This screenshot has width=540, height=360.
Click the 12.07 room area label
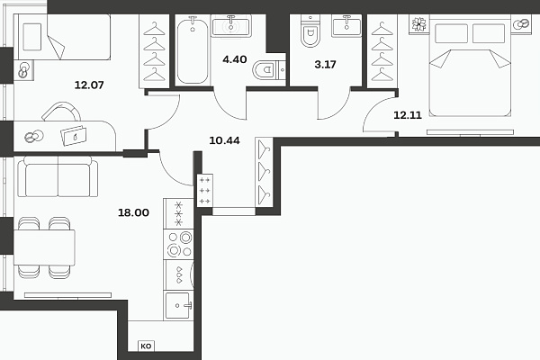[x=89, y=85]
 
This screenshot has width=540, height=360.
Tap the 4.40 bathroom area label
[x=235, y=59]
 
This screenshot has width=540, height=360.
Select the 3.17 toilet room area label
[x=325, y=65]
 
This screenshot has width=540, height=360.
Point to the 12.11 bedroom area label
[x=408, y=115]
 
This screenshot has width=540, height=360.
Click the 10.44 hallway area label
[x=224, y=140]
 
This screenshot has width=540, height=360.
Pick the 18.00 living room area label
[x=133, y=212]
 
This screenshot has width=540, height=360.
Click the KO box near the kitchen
[x=146, y=346]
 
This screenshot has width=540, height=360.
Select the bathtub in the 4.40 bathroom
[x=193, y=50]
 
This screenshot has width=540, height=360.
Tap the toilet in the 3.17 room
[x=310, y=31]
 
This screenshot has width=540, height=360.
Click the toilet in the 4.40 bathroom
[x=268, y=70]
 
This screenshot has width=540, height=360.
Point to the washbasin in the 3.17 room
[x=346, y=25]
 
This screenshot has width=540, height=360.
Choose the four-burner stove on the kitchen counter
[x=179, y=245]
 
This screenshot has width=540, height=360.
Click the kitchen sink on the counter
[x=177, y=305]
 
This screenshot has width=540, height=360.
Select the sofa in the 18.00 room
[x=58, y=176]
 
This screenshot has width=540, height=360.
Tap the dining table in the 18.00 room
[x=44, y=247]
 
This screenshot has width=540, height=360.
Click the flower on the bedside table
[x=419, y=24]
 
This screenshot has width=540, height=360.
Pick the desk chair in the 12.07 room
[x=61, y=112]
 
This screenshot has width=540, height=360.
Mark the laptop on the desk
[x=74, y=136]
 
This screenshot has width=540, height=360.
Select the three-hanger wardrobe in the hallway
[x=264, y=172]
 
